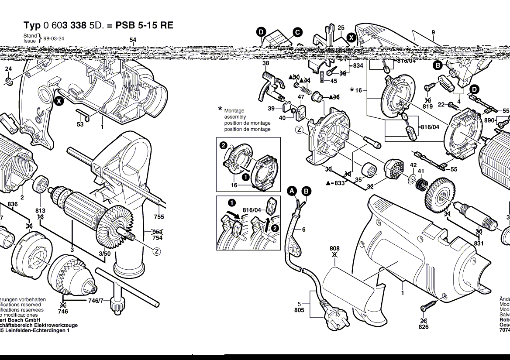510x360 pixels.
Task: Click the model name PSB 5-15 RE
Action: click(x=144, y=25)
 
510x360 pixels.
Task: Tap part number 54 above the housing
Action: click(x=133, y=40)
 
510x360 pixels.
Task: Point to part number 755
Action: click(x=159, y=217)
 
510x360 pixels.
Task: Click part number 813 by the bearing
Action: click(x=40, y=211)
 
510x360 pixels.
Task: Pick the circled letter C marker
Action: click(x=297, y=32)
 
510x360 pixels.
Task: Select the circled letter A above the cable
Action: click(x=292, y=191)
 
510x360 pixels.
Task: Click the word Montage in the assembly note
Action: click(x=234, y=111)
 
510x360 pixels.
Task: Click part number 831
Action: click(x=479, y=243)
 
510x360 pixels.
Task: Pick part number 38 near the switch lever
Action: click(x=265, y=63)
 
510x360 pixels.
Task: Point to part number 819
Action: click(x=427, y=106)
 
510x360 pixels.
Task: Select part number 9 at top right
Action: click(x=433, y=32)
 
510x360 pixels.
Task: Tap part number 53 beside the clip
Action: click(x=80, y=124)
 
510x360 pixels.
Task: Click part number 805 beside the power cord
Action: click(x=299, y=310)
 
